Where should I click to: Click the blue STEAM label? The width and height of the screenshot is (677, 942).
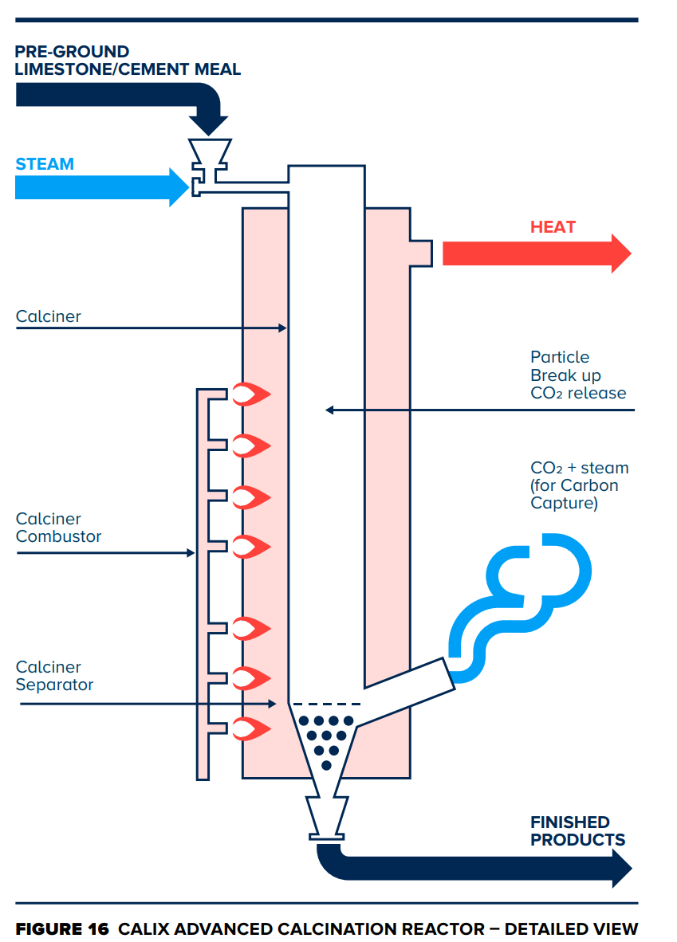coord(45,164)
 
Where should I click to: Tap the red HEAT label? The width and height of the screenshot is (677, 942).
coord(553,227)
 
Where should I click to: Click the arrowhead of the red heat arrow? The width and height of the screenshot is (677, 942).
coord(620,253)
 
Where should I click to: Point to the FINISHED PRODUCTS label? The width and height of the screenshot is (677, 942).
coord(577,830)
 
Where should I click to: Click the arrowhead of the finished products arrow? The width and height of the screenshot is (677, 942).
coord(620,868)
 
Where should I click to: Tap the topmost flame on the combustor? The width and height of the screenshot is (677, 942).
coord(251,393)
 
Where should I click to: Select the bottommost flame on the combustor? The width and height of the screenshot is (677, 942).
coord(251,728)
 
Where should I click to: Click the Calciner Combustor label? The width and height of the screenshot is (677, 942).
coord(58,528)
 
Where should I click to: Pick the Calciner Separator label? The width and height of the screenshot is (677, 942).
coord(54,676)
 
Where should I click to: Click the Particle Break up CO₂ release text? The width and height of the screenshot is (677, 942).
coord(577,375)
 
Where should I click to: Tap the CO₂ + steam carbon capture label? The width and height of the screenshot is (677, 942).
coord(579,485)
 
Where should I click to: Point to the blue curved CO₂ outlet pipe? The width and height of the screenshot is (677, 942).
coord(518,593)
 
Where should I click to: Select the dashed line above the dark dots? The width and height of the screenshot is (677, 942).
coord(326,704)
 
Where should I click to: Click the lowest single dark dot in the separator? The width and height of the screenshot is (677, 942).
coord(326,765)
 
